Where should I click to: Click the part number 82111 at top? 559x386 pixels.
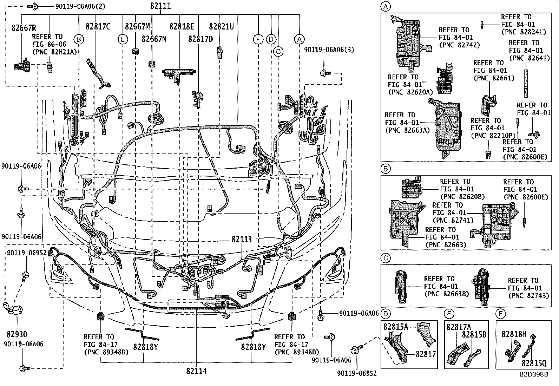coord(160,6)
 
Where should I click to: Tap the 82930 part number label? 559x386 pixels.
coord(17,334)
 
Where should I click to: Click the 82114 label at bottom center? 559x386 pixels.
coord(196,371)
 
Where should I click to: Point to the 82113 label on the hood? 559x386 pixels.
coord(242,240)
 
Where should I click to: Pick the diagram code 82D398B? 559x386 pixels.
coord(533,374)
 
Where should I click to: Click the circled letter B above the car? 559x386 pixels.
coord(79,39)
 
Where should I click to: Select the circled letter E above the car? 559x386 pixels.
coord(123,39)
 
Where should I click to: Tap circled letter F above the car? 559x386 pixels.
coord(258,39)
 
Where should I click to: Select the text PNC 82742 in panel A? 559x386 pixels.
coord(459,45)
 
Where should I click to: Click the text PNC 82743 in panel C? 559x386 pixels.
coord(528,296)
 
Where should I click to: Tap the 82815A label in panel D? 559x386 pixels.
coord(395,327)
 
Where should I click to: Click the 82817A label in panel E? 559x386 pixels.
coord(459,327)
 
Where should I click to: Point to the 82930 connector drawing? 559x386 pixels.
coord(14,309)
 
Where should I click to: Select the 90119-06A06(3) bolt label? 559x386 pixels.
coord(329,50)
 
